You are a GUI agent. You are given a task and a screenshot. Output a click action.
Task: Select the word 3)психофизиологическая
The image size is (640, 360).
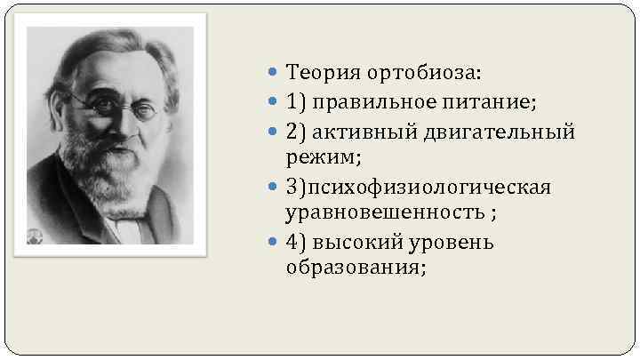[418, 188]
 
